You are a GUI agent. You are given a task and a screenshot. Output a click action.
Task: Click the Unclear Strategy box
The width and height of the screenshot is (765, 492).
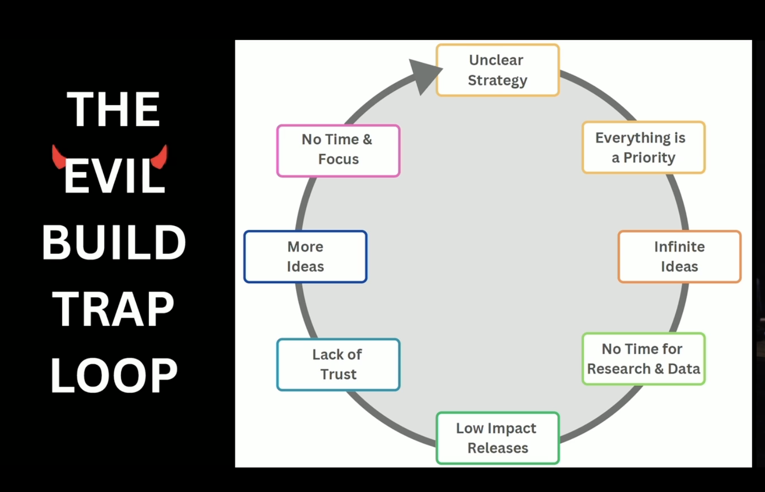497,70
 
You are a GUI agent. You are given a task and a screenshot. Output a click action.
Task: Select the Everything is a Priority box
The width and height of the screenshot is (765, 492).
643,147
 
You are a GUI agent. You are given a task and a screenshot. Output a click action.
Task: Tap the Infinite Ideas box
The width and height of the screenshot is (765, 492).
679,256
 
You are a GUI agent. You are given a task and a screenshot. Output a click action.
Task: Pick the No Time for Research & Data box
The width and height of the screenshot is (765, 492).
643,358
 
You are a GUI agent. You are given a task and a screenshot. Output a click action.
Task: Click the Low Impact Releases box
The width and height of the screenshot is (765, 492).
497,438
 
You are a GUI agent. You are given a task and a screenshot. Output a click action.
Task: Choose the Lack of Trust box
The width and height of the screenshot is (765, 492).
338,364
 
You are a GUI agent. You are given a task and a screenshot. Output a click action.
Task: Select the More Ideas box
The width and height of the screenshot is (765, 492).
305,256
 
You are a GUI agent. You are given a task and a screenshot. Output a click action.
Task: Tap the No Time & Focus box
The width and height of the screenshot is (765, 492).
338,150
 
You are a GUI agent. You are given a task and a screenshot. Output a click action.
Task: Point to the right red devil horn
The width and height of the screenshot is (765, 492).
161,156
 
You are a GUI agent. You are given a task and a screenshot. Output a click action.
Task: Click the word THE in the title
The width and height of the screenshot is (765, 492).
113,110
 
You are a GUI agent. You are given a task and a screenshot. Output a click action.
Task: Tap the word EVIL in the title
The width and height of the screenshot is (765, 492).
114,177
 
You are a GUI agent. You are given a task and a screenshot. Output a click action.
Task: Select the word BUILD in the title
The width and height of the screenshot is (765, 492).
114,243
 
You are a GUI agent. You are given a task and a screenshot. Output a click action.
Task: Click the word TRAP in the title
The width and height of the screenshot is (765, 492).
113,309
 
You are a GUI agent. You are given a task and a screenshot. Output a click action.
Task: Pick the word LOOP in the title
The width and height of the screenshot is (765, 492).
114,375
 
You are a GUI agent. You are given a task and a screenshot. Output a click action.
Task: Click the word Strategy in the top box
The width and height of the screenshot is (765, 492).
497,80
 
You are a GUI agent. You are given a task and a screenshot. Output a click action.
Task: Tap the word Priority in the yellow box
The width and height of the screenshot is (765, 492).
649,157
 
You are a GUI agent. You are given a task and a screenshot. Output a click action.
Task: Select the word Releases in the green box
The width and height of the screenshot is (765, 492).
498,448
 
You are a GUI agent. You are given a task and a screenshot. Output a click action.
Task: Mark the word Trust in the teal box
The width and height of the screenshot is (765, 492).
339,374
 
